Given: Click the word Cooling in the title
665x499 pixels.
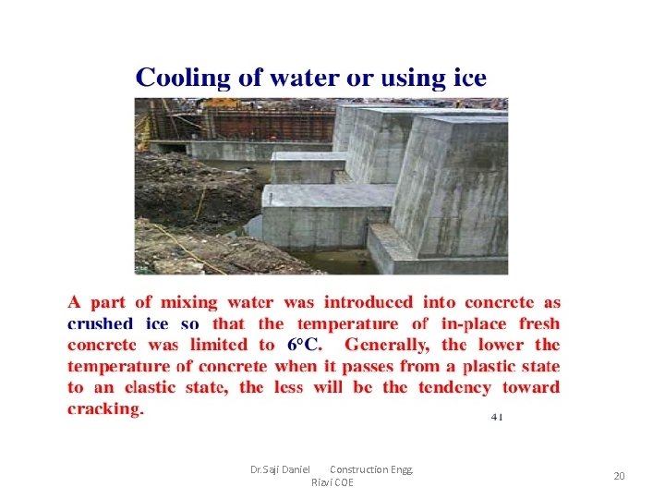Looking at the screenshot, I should pos(183,78).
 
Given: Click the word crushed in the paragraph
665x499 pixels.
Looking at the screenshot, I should pos(100,323).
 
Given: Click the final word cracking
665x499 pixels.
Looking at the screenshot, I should pos(105,408).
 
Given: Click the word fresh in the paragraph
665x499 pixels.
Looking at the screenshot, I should pos(538,323).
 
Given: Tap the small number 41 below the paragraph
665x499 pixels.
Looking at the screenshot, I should pos(497,417).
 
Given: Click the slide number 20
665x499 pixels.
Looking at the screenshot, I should pos(619,476).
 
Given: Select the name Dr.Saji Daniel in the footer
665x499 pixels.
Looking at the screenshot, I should pos(280,469).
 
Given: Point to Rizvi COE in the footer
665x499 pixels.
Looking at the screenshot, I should pos(332,482).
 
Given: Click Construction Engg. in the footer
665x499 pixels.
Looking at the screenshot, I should pos(371,469).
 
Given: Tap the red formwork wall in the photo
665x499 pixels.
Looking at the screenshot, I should pos(268,123).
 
